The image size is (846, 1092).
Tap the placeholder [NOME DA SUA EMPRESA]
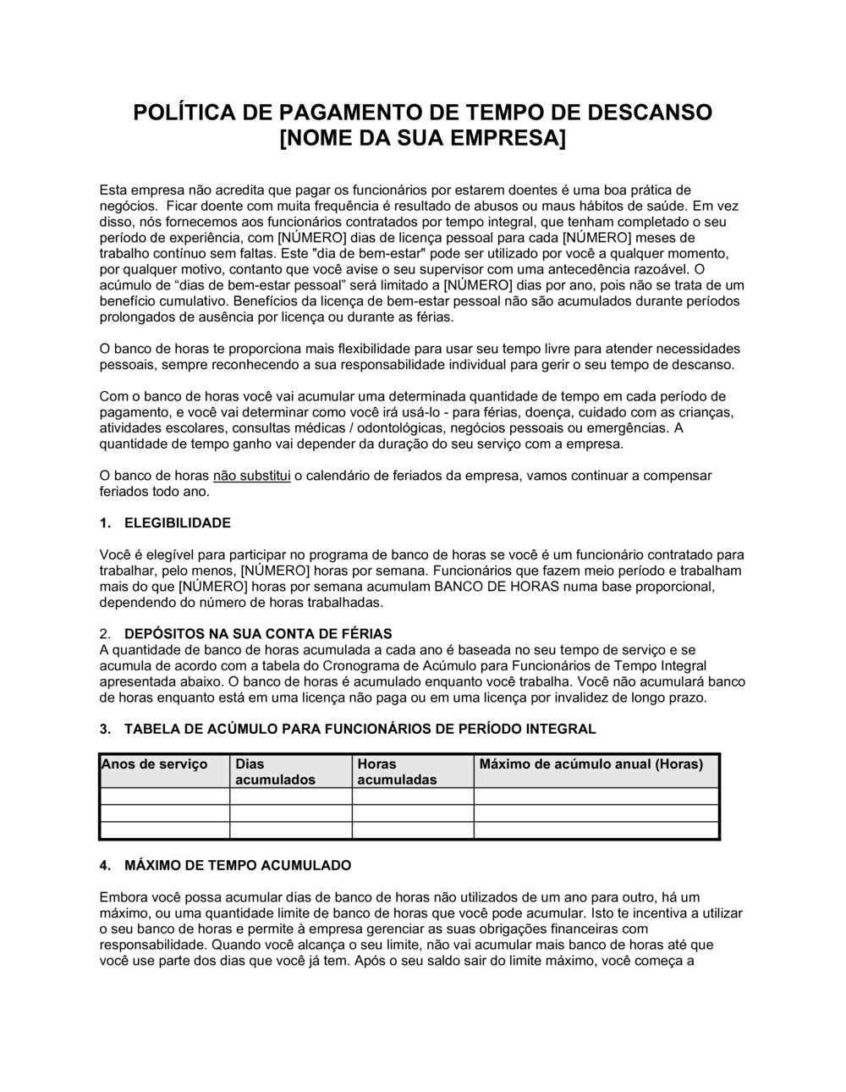pos(422,137)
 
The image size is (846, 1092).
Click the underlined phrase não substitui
pos(251,476)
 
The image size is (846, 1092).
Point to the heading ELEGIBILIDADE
pos(177,523)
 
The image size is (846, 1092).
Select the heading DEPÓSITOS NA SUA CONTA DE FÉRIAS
pos(258,634)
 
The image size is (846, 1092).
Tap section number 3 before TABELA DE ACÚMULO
pos(104,729)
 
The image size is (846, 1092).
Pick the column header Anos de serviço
pos(154,764)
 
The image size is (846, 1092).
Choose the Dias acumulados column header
pos(274,771)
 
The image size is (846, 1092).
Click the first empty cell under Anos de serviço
pos(164,797)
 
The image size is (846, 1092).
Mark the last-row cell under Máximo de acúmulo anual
pos(596,830)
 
